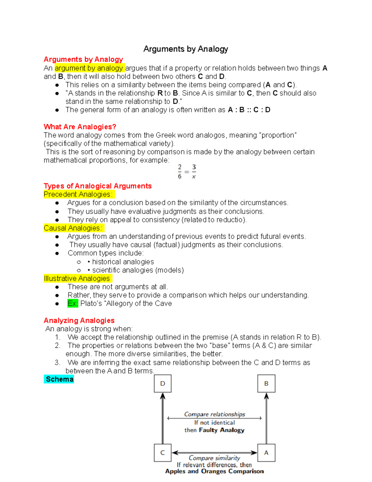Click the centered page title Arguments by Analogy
pyautogui.click(x=186, y=49)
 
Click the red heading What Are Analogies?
pyautogui.click(x=80, y=127)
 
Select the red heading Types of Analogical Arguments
pyautogui.click(x=98, y=186)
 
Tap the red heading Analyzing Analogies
pyautogui.click(x=79, y=320)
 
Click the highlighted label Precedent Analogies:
pyautogui.click(x=79, y=194)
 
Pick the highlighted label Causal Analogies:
pyautogui.click(x=74, y=228)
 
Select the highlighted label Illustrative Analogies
pyautogui.click(x=77, y=278)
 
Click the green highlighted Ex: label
pyautogui.click(x=73, y=303)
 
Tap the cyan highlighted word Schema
pyautogui.click(x=59, y=379)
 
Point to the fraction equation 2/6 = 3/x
pyautogui.click(x=187, y=172)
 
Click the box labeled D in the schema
pyautogui.click(x=163, y=383)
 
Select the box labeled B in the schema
pyautogui.click(x=266, y=383)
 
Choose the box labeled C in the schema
pyautogui.click(x=163, y=453)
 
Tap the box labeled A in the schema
pyautogui.click(x=266, y=453)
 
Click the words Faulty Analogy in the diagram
pyautogui.click(x=222, y=430)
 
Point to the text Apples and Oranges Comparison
pyautogui.click(x=215, y=471)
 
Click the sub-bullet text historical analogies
pyautogui.click(x=123, y=262)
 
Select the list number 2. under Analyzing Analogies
pyautogui.click(x=58, y=345)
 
